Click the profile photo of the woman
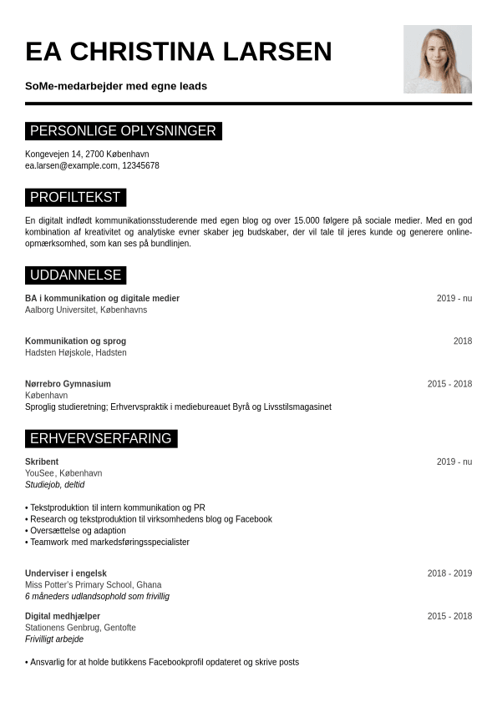coord(437,58)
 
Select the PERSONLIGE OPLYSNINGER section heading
coord(123,131)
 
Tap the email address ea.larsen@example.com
coord(71,166)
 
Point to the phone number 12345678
coord(140,166)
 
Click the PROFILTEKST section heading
coord(75,198)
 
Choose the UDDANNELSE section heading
coord(75,275)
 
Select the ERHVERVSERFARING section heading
coord(100,439)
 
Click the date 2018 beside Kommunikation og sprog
coord(463,341)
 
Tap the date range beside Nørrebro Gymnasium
coord(449,384)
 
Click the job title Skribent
coord(42,462)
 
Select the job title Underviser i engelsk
coord(66,573)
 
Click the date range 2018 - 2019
coord(449,573)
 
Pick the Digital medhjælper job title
coord(63,616)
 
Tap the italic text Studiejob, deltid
coord(54,485)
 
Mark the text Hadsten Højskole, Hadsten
coord(76,353)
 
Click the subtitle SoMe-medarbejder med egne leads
coord(116,86)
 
